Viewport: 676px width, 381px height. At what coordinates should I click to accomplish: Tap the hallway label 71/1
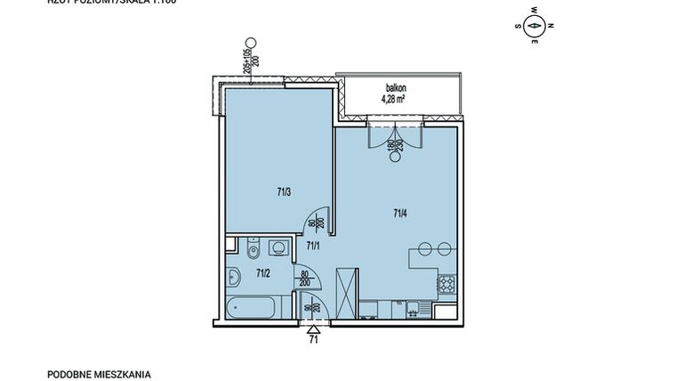313,245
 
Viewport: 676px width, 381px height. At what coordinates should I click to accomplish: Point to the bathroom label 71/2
263,273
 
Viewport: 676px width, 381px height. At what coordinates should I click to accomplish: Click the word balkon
396,87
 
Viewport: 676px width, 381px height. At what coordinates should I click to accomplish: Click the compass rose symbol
535,26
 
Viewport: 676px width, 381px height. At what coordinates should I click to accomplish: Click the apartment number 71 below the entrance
313,340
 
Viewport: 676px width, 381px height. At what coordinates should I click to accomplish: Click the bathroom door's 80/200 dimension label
305,280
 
